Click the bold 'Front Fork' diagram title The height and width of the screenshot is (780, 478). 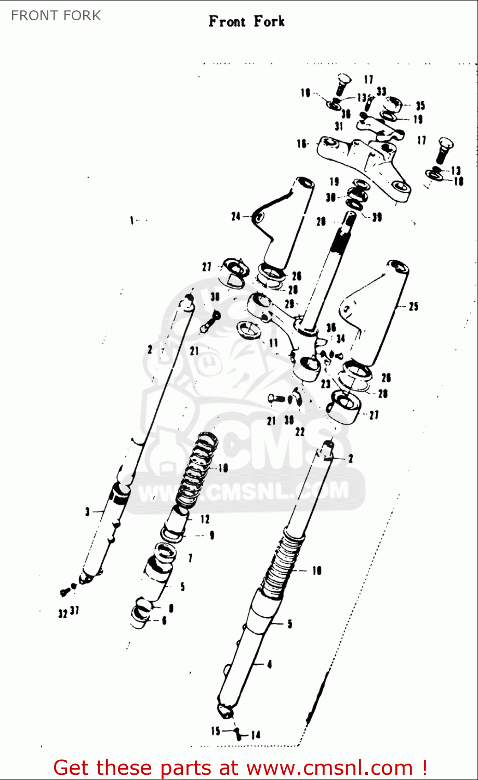(x=246, y=22)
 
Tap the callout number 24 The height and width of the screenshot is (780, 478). (x=236, y=216)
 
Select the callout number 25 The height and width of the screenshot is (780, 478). (x=413, y=306)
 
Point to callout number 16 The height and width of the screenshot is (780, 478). (x=302, y=144)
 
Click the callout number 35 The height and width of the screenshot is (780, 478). (x=420, y=106)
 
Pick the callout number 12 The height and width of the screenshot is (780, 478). (x=205, y=519)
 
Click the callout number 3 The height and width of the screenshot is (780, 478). (x=88, y=512)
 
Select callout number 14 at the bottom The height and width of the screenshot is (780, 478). (x=255, y=735)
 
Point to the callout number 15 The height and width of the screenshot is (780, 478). (x=216, y=731)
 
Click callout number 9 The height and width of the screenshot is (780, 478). (x=211, y=535)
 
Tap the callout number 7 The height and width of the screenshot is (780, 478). (x=190, y=558)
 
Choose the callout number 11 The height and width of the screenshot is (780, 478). (x=273, y=343)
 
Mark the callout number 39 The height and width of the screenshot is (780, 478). (x=377, y=217)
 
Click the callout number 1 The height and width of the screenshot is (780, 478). (x=132, y=220)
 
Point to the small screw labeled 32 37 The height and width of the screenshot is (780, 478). (x=65, y=592)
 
